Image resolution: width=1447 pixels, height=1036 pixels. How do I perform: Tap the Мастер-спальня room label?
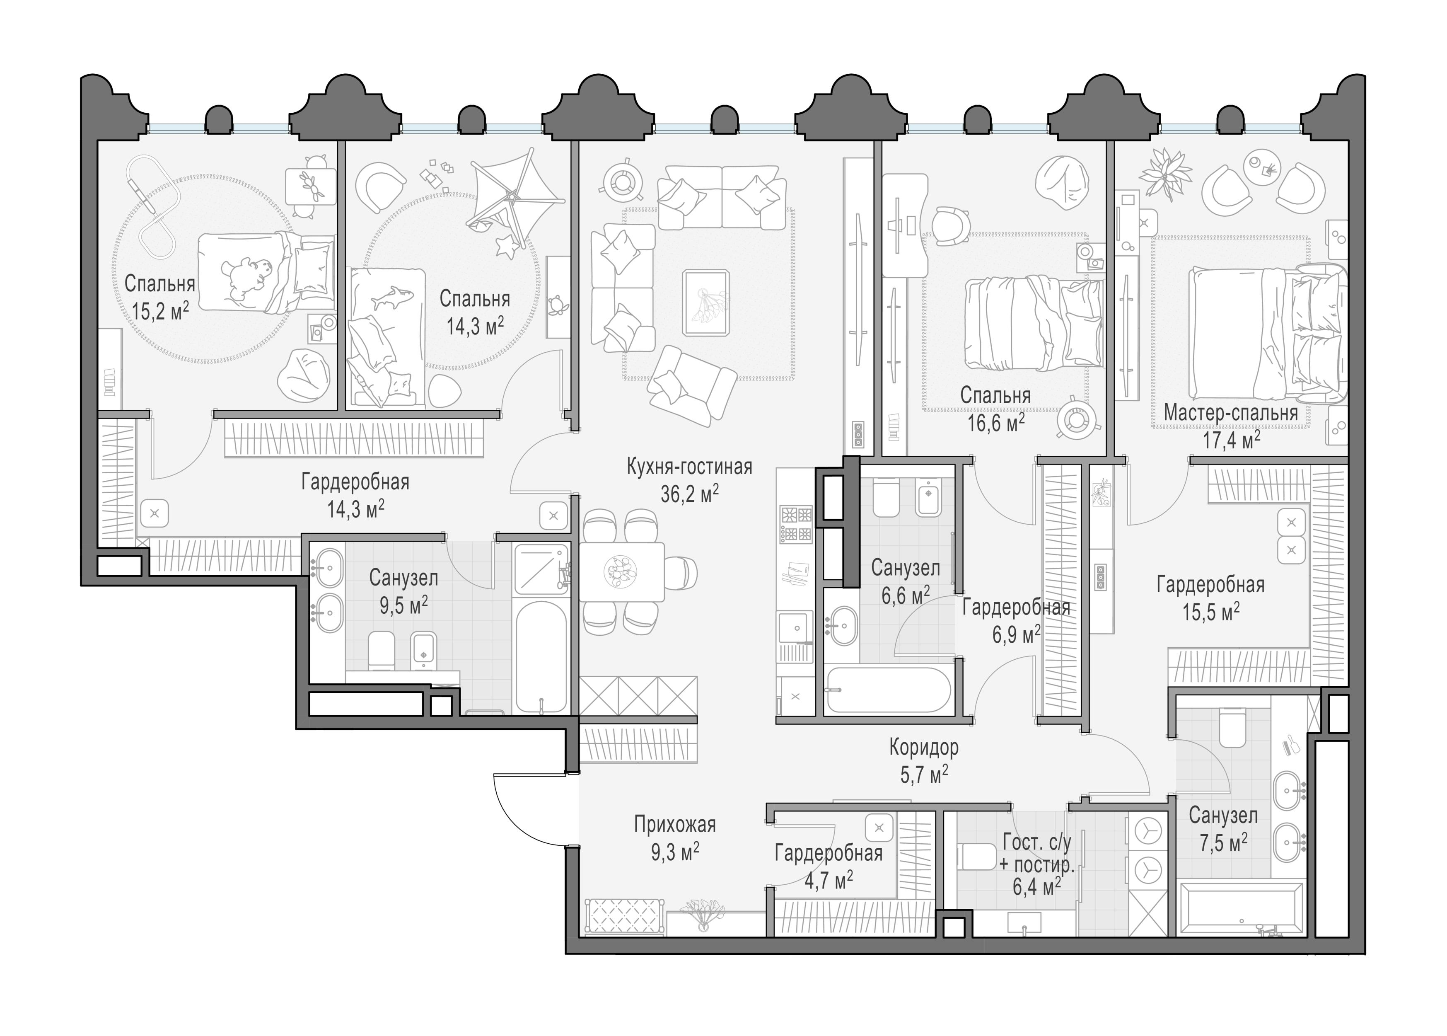coord(1230,413)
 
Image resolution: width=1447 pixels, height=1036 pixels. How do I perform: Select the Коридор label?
coord(924,747)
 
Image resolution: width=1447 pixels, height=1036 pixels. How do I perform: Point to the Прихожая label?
coord(675,825)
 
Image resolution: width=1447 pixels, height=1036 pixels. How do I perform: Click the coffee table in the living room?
coord(705,303)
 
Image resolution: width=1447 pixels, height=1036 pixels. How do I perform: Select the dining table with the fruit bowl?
coord(622,571)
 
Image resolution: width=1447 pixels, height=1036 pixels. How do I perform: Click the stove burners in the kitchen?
coord(796,524)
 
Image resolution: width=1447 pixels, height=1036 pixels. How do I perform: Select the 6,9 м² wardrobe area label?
coord(1017,635)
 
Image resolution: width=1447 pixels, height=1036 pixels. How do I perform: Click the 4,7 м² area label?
coord(829,881)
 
